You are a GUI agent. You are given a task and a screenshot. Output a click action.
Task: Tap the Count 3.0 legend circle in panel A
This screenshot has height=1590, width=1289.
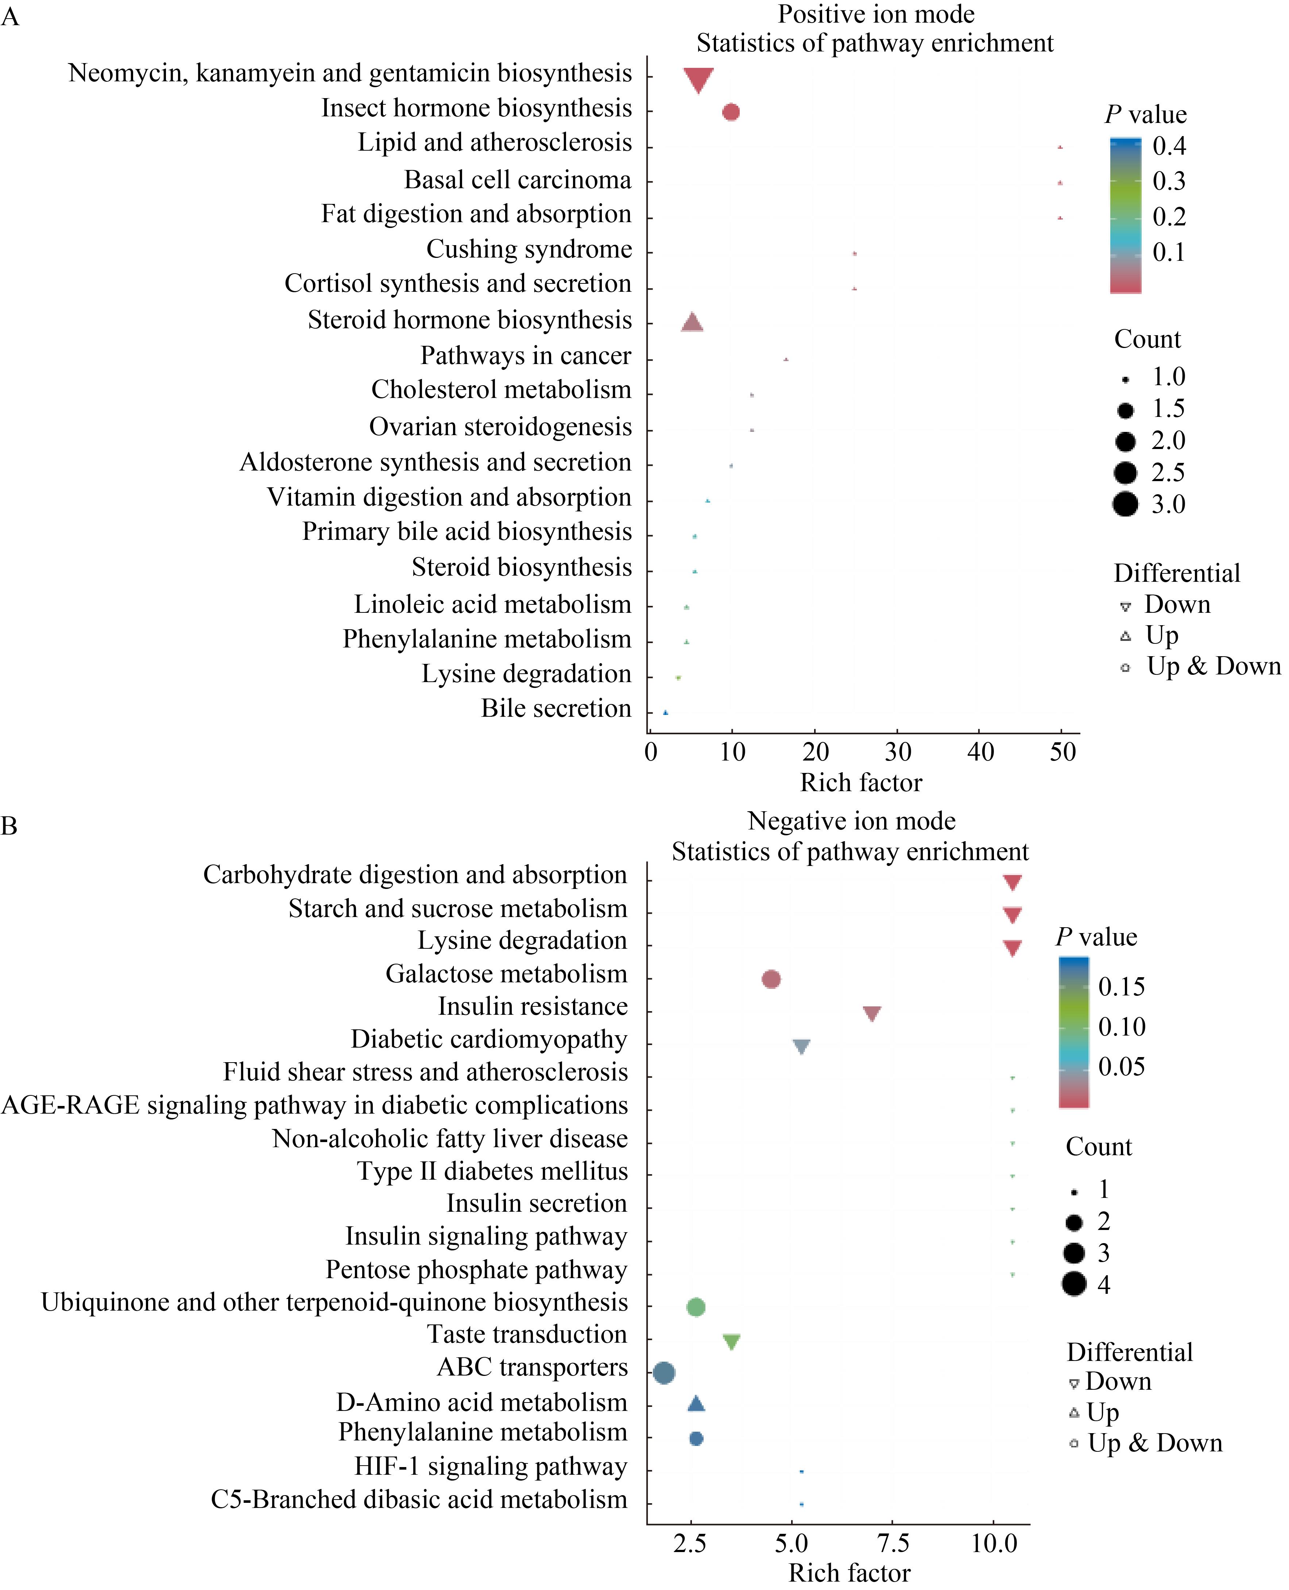1126,504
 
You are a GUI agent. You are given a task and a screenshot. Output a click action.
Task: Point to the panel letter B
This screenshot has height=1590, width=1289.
9,826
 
